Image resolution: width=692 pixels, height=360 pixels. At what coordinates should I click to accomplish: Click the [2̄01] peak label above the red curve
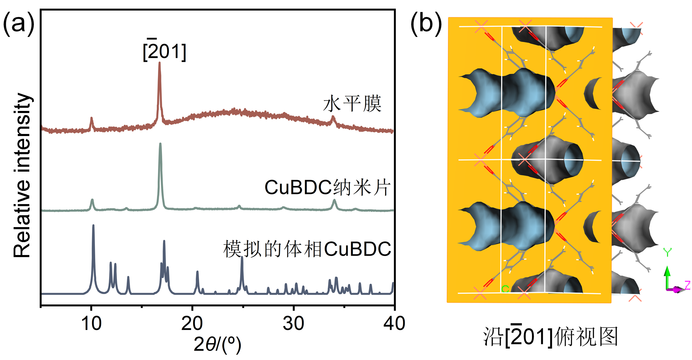coord(165,51)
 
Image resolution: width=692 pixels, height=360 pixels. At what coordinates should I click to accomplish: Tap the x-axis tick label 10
coord(91,323)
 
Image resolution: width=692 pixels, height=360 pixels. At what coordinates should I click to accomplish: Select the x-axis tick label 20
coord(192,323)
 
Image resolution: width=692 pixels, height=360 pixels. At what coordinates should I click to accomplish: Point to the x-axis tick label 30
coord(293,323)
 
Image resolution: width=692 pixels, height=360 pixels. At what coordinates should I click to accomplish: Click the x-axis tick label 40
coord(394,323)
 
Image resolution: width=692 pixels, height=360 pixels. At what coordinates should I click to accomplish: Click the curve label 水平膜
coord(352,104)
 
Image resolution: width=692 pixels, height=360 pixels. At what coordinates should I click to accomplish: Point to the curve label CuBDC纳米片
coord(328,187)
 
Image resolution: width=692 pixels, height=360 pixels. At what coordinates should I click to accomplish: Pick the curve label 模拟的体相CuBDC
coord(307,249)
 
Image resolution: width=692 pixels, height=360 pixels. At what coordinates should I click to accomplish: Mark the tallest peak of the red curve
coord(159,64)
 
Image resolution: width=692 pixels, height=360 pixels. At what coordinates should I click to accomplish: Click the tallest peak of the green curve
coord(160,144)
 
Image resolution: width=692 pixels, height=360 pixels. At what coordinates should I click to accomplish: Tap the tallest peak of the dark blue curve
coord(93,226)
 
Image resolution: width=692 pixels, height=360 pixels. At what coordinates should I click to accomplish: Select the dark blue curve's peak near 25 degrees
coord(242,258)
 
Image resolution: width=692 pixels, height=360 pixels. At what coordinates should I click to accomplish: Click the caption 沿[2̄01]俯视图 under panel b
coord(550,337)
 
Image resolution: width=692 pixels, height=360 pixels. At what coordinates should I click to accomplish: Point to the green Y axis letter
coord(667,252)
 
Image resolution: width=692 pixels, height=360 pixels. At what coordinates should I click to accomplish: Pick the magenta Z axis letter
coord(687,285)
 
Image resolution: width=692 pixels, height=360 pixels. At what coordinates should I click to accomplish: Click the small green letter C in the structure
coord(505,289)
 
